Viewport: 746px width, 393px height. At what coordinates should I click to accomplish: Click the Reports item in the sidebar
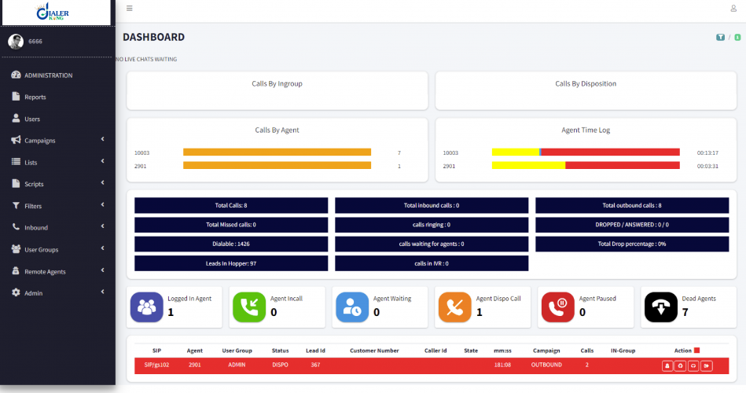[35, 97]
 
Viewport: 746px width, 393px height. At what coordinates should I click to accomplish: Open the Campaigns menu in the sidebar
[40, 141]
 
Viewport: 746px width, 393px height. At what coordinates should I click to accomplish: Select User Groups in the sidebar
[41, 249]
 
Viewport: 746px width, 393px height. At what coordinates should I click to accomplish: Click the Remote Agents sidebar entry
[45, 271]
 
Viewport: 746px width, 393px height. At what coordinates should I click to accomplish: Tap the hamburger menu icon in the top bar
[130, 9]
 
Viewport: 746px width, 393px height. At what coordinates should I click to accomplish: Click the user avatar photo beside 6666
[16, 42]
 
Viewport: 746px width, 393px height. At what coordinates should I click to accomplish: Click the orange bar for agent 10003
[277, 152]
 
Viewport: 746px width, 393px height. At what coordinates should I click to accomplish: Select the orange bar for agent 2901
[277, 166]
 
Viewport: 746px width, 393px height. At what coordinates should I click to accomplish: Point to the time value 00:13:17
[707, 152]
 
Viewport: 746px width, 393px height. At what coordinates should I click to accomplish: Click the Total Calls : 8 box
[231, 205]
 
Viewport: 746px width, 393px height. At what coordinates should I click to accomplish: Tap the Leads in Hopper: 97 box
[231, 263]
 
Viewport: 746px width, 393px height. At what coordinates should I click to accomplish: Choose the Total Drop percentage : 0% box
[632, 244]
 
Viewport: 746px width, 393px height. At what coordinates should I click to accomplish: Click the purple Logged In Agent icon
[146, 307]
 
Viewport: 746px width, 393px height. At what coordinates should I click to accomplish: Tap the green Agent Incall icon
[249, 307]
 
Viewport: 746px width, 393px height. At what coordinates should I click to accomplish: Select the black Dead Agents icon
[661, 307]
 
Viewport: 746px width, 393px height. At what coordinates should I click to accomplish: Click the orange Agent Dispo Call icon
[455, 307]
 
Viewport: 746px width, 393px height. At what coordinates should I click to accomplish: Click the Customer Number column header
[374, 351]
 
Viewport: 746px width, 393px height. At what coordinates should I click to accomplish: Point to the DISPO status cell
[281, 365]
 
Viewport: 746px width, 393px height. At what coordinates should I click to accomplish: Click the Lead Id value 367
[315, 365]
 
